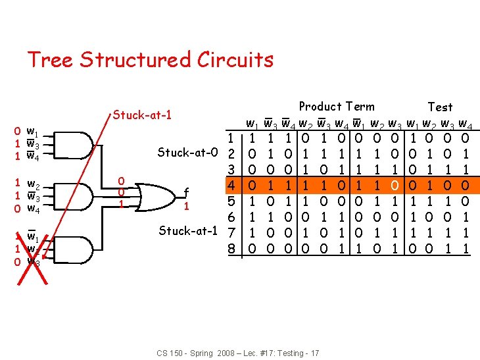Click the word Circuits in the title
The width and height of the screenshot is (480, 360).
pos(235,60)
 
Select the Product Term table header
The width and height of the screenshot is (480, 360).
pos(337,107)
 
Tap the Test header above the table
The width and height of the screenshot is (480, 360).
pos(440,107)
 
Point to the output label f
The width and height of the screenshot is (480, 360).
pos(187,193)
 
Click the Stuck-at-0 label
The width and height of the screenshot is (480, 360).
pos(187,153)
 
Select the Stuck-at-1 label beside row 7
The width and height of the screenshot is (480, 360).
pos(187,231)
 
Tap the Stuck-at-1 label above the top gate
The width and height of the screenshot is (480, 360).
pos(142,116)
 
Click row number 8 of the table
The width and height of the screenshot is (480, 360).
pos(231,249)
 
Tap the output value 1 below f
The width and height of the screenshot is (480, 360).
pos(187,206)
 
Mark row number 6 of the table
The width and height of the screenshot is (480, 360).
pos(231,217)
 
